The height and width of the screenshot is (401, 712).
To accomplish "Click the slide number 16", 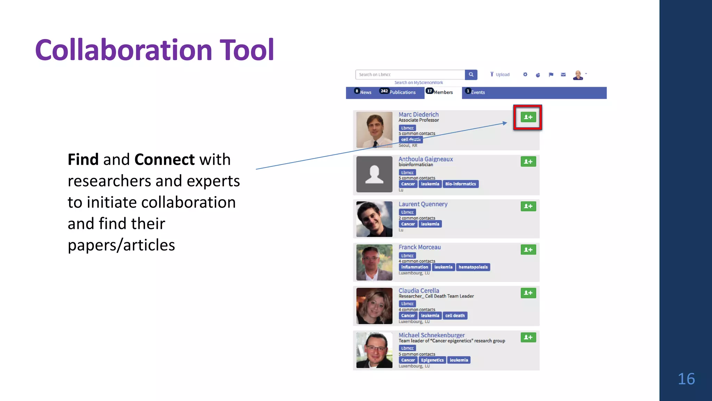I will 686,379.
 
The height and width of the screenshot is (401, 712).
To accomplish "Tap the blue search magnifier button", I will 471,74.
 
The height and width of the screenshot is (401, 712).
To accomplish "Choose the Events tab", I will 477,92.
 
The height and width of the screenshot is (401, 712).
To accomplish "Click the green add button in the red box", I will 528,117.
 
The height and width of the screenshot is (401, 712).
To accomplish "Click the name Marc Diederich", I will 419,115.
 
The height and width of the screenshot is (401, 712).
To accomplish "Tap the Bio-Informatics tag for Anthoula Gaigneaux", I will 460,184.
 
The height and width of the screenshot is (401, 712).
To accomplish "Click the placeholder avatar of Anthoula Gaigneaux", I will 374,174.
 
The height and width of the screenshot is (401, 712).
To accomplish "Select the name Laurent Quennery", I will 423,204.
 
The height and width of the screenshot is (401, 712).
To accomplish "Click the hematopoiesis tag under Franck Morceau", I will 473,267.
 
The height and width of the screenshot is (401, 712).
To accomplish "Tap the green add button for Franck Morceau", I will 528,250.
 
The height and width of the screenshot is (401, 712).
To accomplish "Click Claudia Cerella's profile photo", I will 374,306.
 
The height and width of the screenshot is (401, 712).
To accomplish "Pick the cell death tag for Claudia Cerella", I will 455,316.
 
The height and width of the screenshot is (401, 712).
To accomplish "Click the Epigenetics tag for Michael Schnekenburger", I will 432,360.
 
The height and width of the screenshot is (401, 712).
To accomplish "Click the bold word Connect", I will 164,159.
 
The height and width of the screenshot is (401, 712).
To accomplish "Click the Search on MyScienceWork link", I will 419,83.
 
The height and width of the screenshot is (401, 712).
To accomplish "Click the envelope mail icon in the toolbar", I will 563,74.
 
